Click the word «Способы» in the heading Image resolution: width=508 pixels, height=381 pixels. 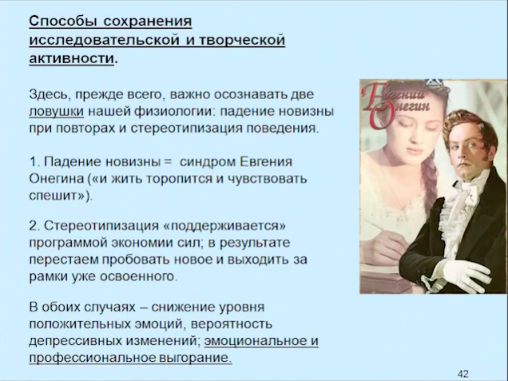(x=62, y=22)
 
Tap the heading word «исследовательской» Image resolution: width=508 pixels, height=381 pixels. (x=105, y=40)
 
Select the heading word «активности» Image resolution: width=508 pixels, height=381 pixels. (x=72, y=58)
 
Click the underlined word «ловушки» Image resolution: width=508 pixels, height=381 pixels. (x=57, y=112)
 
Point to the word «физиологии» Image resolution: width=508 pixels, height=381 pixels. (x=175, y=112)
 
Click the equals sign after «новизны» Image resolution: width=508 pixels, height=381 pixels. (x=168, y=161)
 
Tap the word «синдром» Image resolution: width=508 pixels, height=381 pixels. (x=208, y=162)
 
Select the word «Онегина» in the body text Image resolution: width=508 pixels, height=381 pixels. (x=57, y=179)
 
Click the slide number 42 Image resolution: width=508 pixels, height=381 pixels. (x=463, y=374)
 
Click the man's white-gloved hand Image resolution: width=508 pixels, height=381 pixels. (x=465, y=276)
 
